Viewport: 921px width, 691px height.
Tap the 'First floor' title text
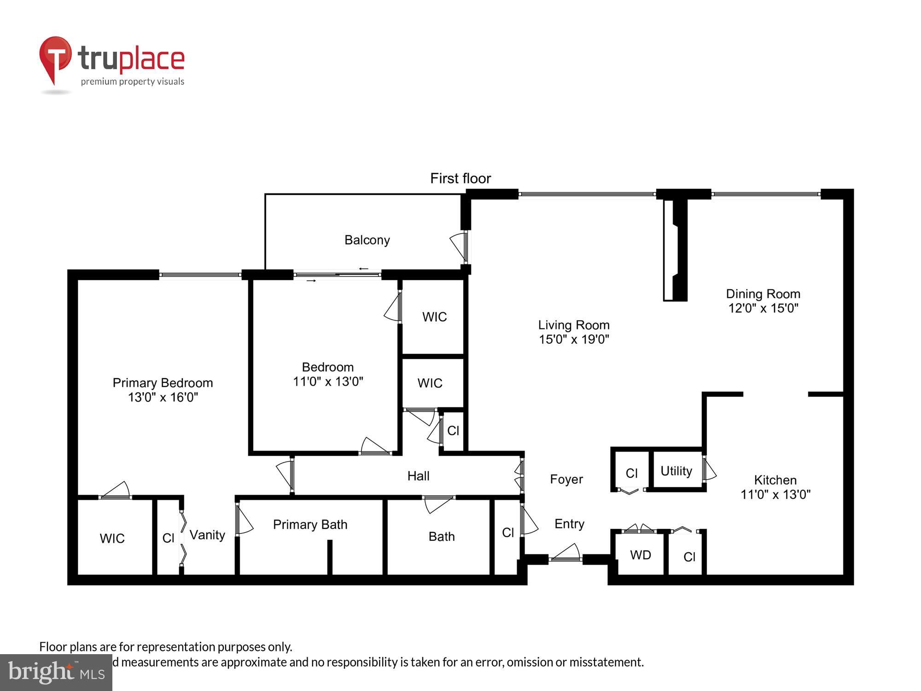pos(460,178)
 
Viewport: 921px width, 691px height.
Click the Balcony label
pos(367,240)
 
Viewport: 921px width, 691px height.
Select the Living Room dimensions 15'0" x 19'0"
pos(574,340)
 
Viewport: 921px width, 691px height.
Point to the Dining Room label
pos(763,294)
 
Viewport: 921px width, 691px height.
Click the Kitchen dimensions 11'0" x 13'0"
pos(775,494)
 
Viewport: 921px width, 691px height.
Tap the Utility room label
pos(676,471)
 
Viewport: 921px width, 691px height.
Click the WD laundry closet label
pos(640,555)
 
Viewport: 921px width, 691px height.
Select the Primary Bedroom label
pos(163,383)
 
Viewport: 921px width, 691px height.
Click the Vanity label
pos(207,535)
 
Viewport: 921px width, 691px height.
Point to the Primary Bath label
pos(310,525)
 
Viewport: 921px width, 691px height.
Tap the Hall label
pos(418,476)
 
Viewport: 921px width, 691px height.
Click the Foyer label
pos(566,480)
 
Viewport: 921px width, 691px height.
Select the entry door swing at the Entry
pos(566,552)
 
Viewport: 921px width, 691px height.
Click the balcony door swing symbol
pos(458,246)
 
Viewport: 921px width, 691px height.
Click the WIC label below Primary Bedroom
pos(112,538)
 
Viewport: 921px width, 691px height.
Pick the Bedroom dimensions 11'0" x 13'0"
pos(328,381)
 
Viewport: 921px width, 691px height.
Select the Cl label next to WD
pos(689,557)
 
